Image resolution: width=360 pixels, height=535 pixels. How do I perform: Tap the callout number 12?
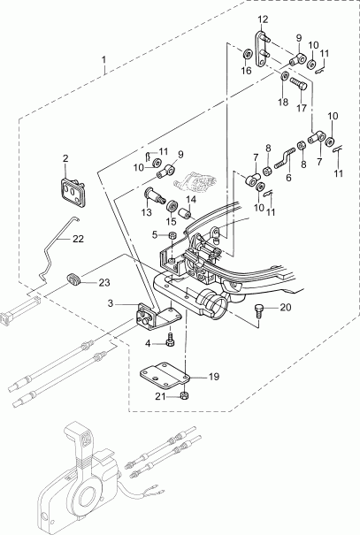point(263,19)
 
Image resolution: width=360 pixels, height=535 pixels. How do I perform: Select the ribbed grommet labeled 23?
point(76,281)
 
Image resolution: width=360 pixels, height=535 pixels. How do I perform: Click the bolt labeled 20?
point(258,309)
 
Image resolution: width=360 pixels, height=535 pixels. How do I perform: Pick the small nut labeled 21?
point(183,395)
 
